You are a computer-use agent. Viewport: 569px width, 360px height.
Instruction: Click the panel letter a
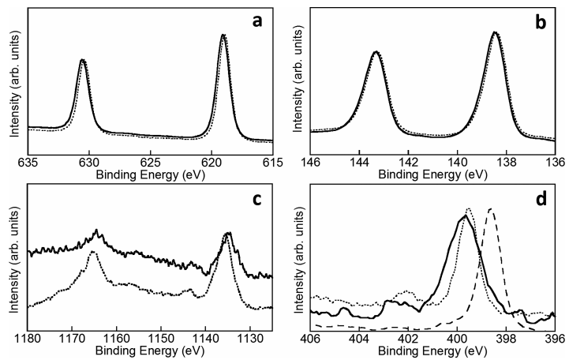coord(257,21)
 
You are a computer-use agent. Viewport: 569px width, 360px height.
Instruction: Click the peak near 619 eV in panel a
coord(223,36)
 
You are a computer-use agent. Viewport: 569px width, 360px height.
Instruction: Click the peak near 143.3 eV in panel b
coord(376,52)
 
